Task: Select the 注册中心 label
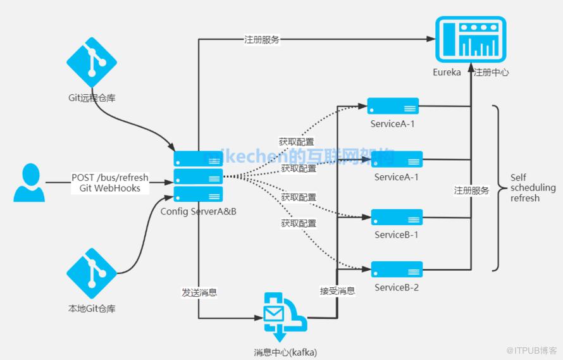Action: click(x=492, y=72)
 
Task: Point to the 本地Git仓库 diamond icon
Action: click(x=92, y=273)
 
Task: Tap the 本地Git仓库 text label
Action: click(x=92, y=309)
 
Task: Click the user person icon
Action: click(x=30, y=182)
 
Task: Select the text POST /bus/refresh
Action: click(x=110, y=178)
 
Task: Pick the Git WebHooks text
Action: click(x=110, y=189)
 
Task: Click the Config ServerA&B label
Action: click(x=198, y=211)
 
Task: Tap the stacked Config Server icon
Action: click(x=198, y=177)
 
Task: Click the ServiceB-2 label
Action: click(x=397, y=288)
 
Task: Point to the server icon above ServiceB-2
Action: click(x=397, y=270)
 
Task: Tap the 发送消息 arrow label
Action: click(x=199, y=292)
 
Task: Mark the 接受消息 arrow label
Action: click(x=337, y=291)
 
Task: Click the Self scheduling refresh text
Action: click(x=533, y=188)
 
